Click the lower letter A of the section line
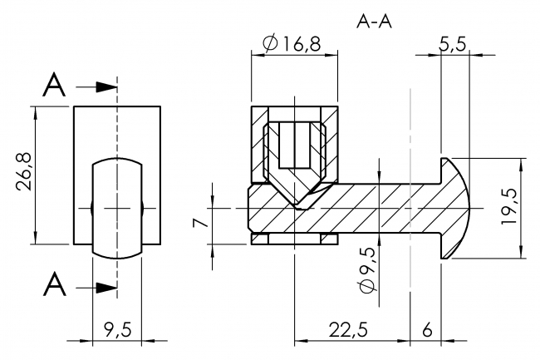click(x=54, y=285)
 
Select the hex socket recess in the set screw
click(x=294, y=145)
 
